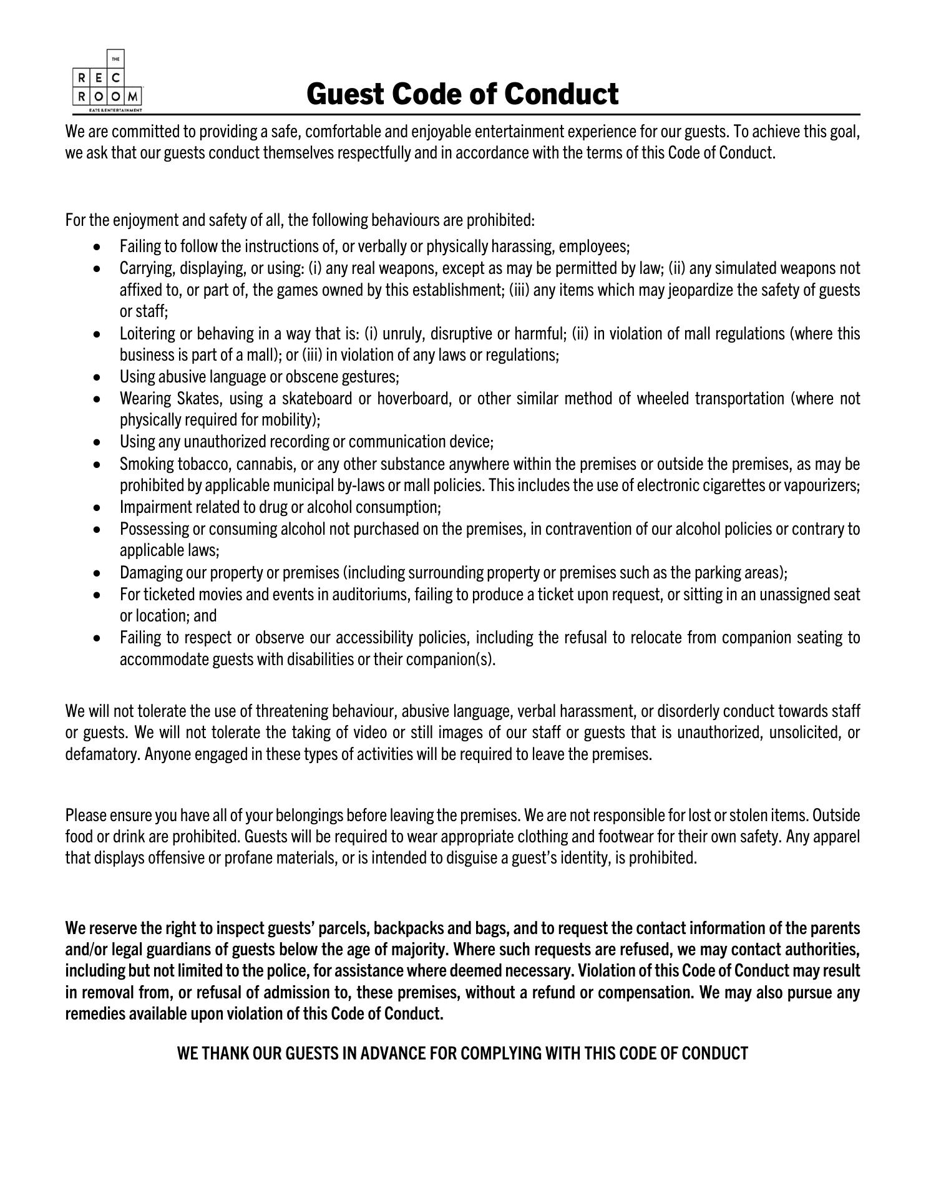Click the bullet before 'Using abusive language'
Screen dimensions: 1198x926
click(96, 377)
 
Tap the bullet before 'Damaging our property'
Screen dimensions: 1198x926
click(96, 573)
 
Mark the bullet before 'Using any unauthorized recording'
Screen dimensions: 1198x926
click(96, 442)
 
